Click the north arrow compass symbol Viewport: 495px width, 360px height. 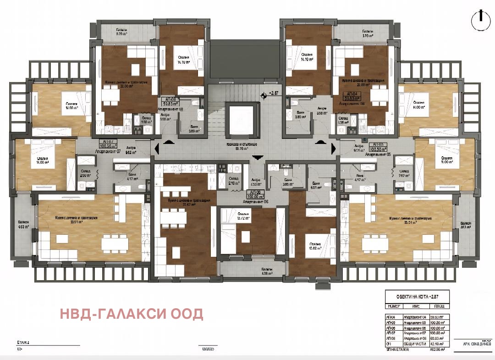coord(479,17)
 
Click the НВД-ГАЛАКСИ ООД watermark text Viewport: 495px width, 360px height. coord(132,314)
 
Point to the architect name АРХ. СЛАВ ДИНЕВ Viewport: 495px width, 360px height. coord(471,343)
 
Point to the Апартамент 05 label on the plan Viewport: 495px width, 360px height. coord(377,155)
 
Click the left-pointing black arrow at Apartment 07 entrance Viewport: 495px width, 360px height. coord(157,149)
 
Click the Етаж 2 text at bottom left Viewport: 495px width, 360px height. coord(23,343)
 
